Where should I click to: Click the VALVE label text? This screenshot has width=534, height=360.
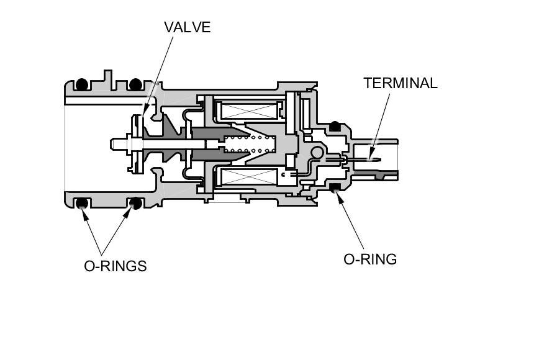188,27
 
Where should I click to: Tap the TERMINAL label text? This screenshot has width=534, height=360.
400,83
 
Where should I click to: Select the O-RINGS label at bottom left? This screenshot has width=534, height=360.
115,266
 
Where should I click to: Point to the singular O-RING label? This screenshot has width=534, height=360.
370,259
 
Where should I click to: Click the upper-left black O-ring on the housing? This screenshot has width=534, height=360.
82,84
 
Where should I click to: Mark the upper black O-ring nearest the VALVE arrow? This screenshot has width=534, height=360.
135,84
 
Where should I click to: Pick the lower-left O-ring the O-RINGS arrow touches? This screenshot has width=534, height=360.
82,204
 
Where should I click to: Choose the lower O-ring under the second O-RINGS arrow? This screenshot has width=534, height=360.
135,204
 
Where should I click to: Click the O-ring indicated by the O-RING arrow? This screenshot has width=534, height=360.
335,187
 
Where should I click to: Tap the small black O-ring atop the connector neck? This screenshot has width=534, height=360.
335,126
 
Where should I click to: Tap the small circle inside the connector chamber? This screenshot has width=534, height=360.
317,152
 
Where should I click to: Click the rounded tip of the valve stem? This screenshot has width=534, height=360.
112,144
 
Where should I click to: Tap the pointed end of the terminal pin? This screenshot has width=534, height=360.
380,160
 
